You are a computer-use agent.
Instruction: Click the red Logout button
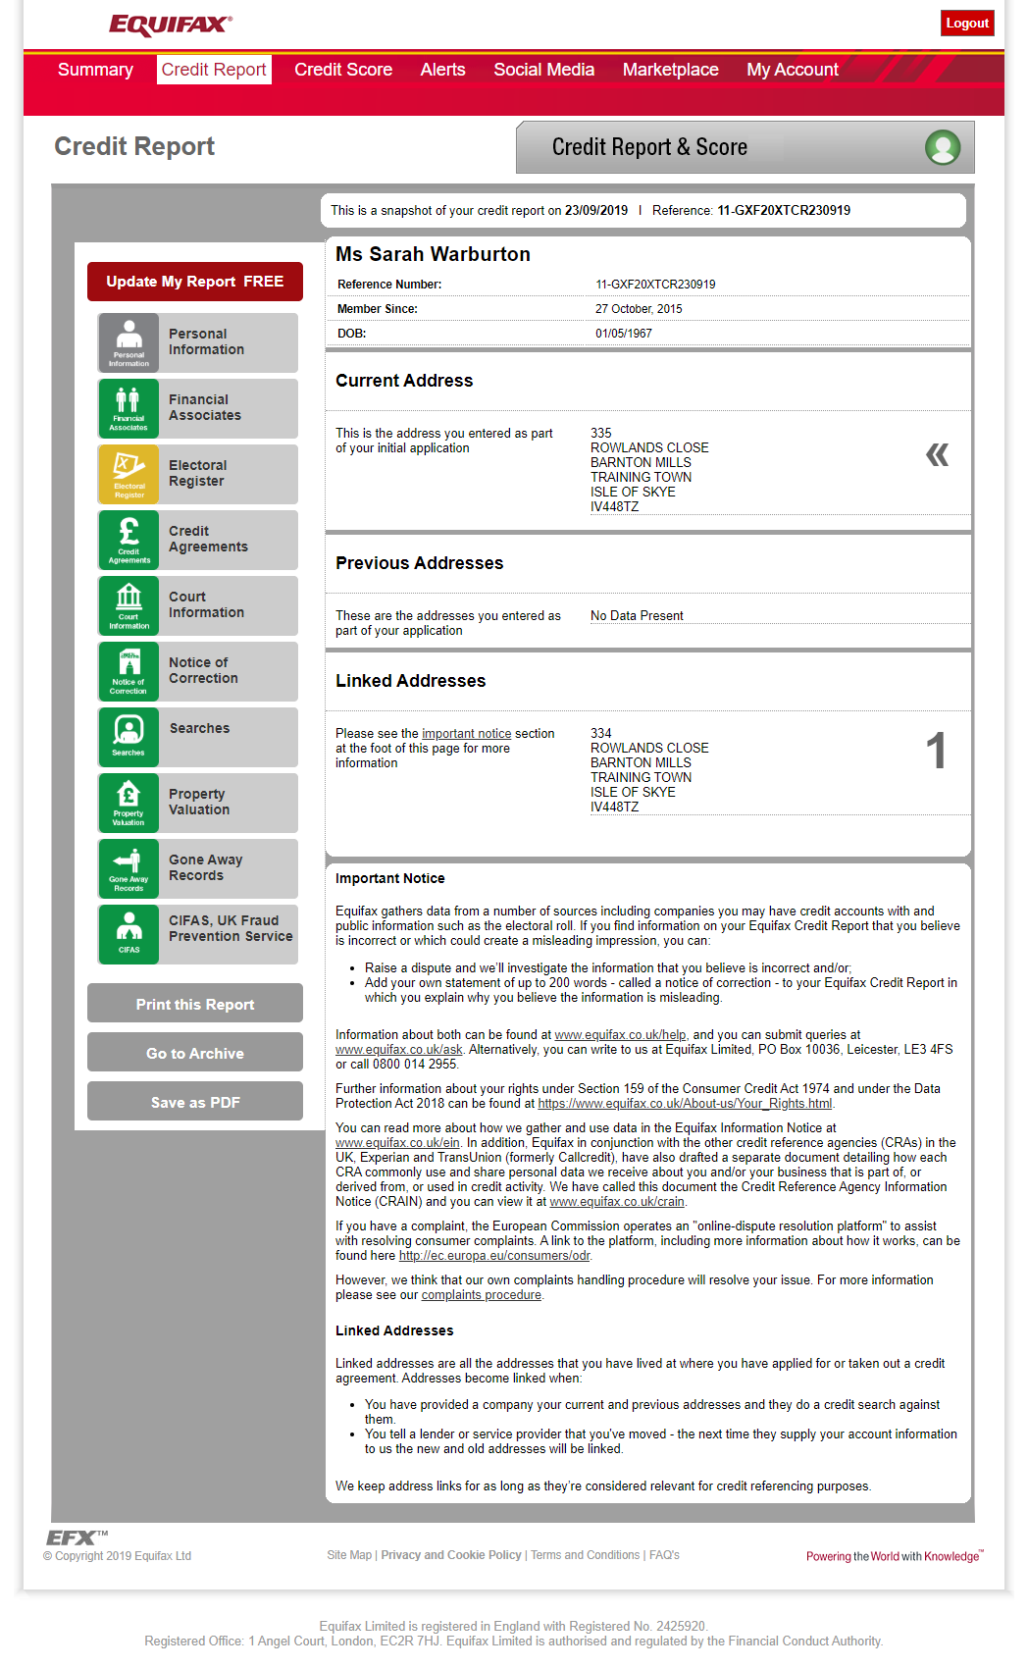tap(966, 24)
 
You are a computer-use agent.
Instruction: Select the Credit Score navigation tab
tap(343, 70)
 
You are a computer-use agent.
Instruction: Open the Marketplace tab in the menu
tap(670, 70)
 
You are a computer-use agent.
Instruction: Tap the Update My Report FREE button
tap(195, 282)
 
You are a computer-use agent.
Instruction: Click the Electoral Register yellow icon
tap(128, 474)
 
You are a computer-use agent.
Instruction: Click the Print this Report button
tap(195, 1004)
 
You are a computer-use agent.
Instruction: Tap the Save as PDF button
tap(195, 1102)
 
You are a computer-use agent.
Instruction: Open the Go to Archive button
tap(195, 1053)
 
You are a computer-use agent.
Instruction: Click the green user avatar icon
tap(943, 147)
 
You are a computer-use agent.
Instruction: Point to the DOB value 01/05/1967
tap(624, 334)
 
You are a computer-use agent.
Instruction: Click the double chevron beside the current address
tap(937, 454)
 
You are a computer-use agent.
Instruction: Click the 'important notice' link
tap(467, 734)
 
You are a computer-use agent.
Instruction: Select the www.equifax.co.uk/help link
tap(620, 1035)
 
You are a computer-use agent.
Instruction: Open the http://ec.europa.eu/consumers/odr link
tap(494, 1256)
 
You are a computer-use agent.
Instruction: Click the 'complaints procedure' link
tap(481, 1295)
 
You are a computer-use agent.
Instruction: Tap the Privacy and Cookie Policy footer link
tap(451, 1555)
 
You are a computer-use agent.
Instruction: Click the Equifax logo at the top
tap(171, 25)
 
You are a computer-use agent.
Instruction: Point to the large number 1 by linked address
tap(936, 752)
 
